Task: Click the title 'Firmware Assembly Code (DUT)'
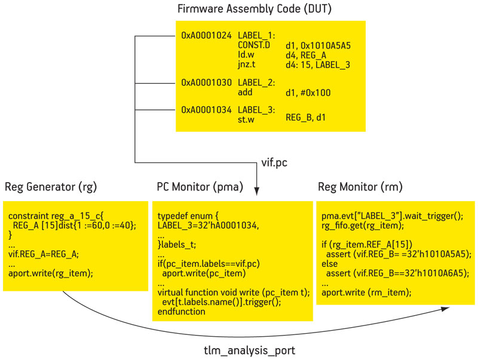click(x=255, y=9)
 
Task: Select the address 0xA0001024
click(x=206, y=36)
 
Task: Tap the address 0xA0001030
click(x=206, y=82)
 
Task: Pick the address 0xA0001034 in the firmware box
click(x=206, y=110)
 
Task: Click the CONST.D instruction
click(x=254, y=45)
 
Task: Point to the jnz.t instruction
click(x=246, y=64)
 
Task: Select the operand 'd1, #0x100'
click(x=308, y=93)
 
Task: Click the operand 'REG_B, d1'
click(x=305, y=117)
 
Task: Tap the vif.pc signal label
click(x=274, y=162)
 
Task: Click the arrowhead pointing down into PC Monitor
click(x=257, y=191)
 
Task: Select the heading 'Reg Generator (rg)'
click(x=51, y=187)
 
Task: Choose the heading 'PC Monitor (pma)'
click(x=200, y=187)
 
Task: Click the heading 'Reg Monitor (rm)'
click(x=360, y=187)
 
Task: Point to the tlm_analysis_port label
click(x=249, y=350)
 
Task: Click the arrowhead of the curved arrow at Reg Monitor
click(x=445, y=309)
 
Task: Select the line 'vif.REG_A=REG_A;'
click(x=44, y=254)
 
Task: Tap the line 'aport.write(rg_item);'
click(x=51, y=273)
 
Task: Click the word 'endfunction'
click(x=182, y=312)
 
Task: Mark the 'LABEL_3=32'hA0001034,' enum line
click(x=208, y=226)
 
